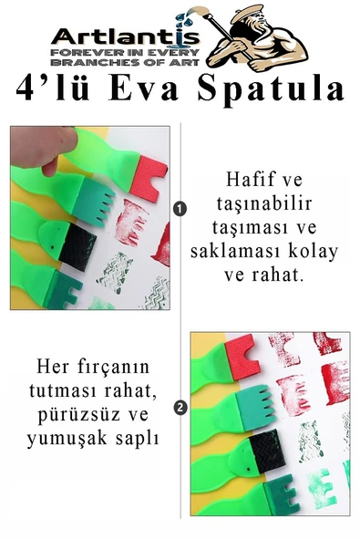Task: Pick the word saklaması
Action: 249,251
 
